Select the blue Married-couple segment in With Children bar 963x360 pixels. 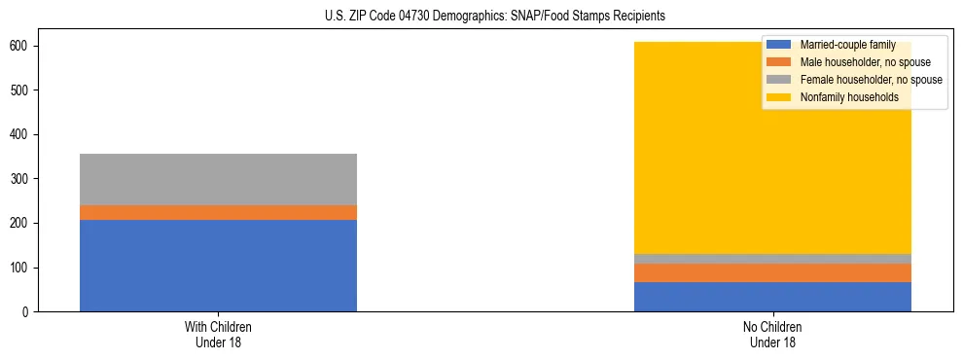point(218,266)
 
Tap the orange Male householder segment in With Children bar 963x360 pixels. point(218,212)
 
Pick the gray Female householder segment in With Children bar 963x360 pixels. point(218,179)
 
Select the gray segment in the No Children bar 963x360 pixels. point(772,259)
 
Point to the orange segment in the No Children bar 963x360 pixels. point(772,272)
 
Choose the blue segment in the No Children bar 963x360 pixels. point(772,297)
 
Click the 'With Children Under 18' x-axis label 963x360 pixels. point(218,334)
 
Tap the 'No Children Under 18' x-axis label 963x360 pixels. point(772,334)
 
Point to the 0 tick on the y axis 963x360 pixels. point(25,312)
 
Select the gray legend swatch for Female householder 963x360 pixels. point(779,80)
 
